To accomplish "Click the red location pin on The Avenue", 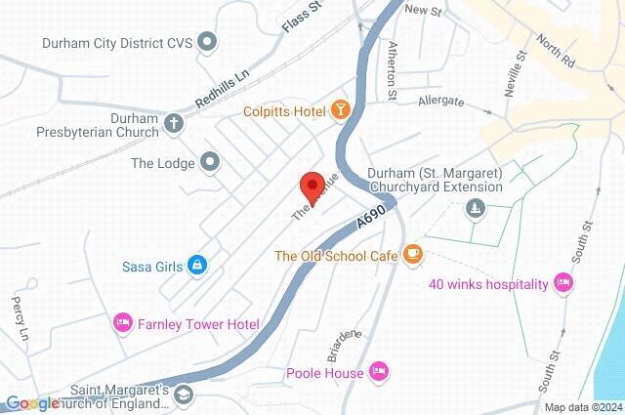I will pos(312,185).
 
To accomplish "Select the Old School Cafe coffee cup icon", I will pos(412,255).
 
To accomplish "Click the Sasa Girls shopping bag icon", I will pos(197,265).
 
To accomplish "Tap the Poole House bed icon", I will pos(380,372).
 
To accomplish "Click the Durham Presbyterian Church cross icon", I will pos(174,124).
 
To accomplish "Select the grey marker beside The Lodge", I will pos(209,162).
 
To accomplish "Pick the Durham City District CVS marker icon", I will pos(207,42).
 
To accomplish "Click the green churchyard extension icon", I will pos(475,207).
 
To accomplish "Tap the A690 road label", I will pos(372,218).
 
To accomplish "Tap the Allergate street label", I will pos(439,100).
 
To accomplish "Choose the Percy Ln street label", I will pos(19,317).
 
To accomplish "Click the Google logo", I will pos(32,403).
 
